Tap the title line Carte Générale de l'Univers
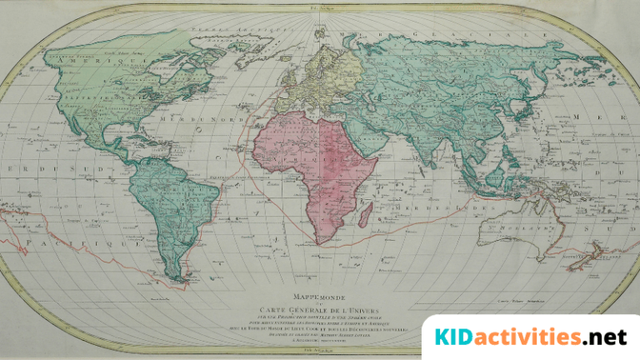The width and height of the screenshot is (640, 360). pyautogui.click(x=319, y=306)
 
